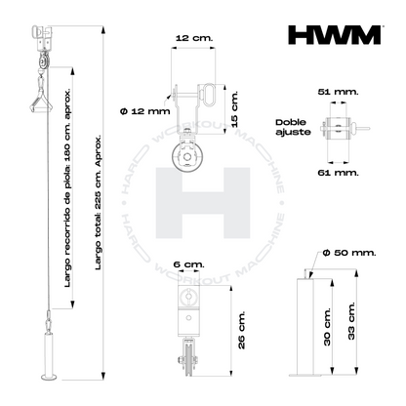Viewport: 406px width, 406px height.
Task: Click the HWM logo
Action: [x=335, y=35]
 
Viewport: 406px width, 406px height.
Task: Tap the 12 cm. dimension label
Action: [x=194, y=38]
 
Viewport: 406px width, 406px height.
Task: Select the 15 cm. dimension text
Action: [x=234, y=109]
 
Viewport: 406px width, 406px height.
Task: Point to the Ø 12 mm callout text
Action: [x=145, y=111]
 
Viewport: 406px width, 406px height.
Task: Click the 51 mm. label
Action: [x=338, y=92]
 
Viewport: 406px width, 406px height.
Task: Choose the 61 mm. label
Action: [x=338, y=173]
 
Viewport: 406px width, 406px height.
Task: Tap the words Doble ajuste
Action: [x=293, y=127]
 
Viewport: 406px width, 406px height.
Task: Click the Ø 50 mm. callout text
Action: [x=349, y=253]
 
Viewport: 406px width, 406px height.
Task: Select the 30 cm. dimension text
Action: [x=327, y=326]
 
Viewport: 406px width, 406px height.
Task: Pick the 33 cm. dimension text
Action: [x=351, y=321]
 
